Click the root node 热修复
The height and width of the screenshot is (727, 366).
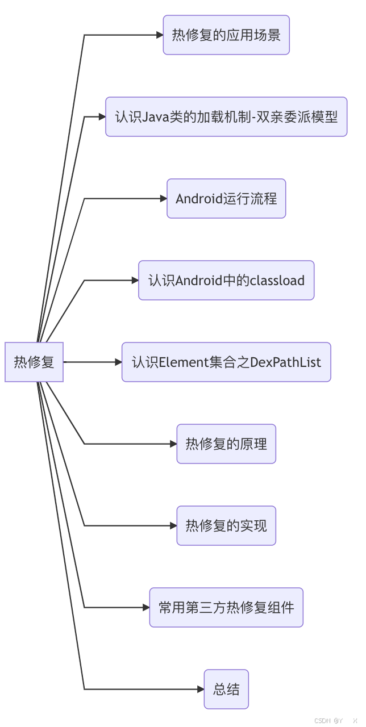[x=34, y=362]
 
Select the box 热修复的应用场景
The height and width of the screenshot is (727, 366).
[x=226, y=35]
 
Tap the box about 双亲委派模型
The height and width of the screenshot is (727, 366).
[x=226, y=117]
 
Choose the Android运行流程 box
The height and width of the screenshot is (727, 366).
[x=226, y=199]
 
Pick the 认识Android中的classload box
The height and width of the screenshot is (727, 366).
[x=226, y=281]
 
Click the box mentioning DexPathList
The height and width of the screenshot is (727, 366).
[x=226, y=362]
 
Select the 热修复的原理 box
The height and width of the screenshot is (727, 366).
[x=226, y=444]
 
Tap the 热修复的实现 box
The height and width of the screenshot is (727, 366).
[x=226, y=525]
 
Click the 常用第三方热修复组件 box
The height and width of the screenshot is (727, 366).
[x=226, y=607]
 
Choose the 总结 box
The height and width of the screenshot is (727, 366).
[x=226, y=689]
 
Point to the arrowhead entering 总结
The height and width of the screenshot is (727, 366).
[x=201, y=689]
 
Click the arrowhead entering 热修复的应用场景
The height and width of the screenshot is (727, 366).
[x=160, y=35]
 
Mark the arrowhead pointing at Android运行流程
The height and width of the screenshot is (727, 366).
[x=163, y=199]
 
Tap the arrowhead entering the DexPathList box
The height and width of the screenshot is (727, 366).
[x=118, y=362]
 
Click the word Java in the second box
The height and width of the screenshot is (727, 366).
[x=155, y=117]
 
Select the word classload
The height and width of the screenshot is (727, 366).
[x=277, y=281]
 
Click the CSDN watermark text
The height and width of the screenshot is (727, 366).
[x=322, y=720]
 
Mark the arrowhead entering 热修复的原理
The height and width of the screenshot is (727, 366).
[x=173, y=444]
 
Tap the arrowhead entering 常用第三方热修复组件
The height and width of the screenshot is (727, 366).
[x=146, y=607]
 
